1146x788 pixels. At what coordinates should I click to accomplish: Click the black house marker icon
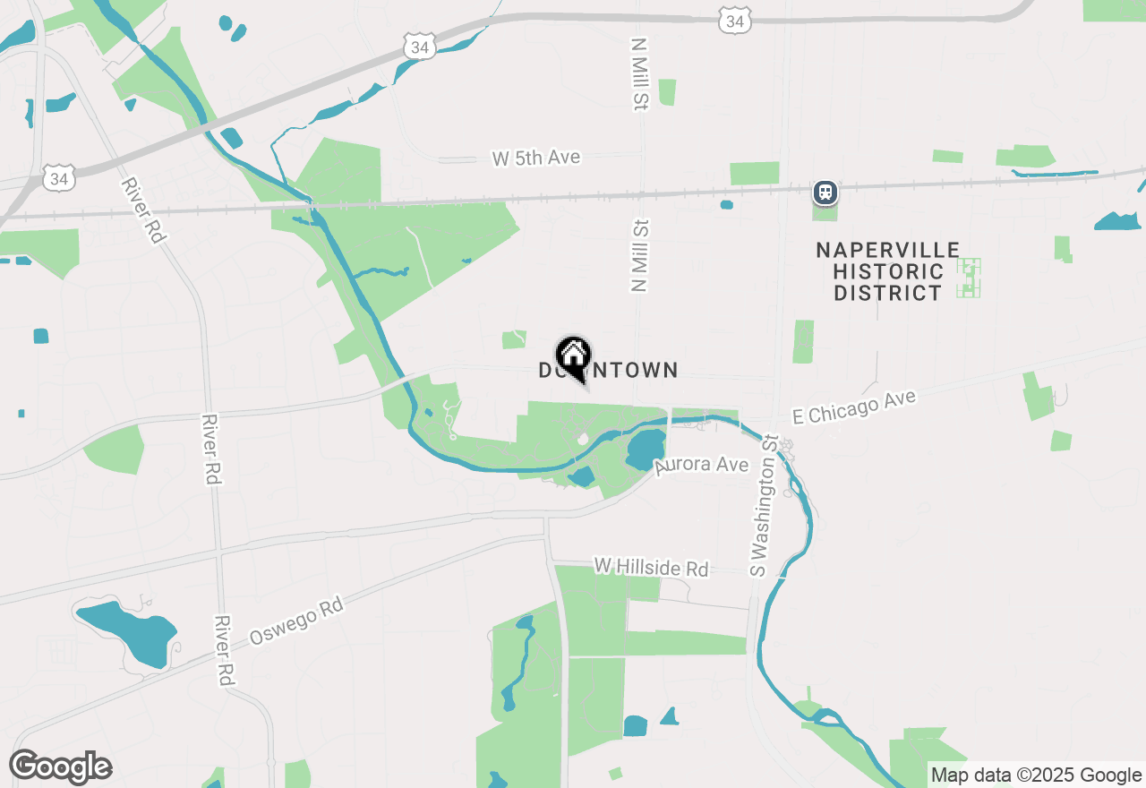point(573,355)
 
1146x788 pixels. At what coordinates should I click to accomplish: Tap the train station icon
point(825,192)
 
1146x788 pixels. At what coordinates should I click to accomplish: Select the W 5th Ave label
point(536,158)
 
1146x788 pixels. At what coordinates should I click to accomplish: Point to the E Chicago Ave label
point(854,406)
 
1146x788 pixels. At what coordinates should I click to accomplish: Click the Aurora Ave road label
point(701,465)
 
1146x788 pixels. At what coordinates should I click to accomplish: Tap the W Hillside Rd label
point(651,568)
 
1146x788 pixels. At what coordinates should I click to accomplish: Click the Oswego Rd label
point(296,621)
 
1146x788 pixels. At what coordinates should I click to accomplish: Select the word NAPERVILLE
point(888,250)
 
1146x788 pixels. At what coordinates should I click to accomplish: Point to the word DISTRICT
point(888,293)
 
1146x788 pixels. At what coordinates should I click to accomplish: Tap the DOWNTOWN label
point(609,370)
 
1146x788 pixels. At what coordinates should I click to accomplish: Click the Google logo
point(60,767)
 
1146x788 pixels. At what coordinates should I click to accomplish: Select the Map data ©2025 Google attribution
point(1036,775)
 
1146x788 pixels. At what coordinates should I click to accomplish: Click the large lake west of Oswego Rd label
point(128,630)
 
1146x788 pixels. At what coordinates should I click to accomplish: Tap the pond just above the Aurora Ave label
point(646,449)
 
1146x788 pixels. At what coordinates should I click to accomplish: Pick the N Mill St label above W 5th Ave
point(638,73)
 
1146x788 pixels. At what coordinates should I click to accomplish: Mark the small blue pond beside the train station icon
point(726,204)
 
